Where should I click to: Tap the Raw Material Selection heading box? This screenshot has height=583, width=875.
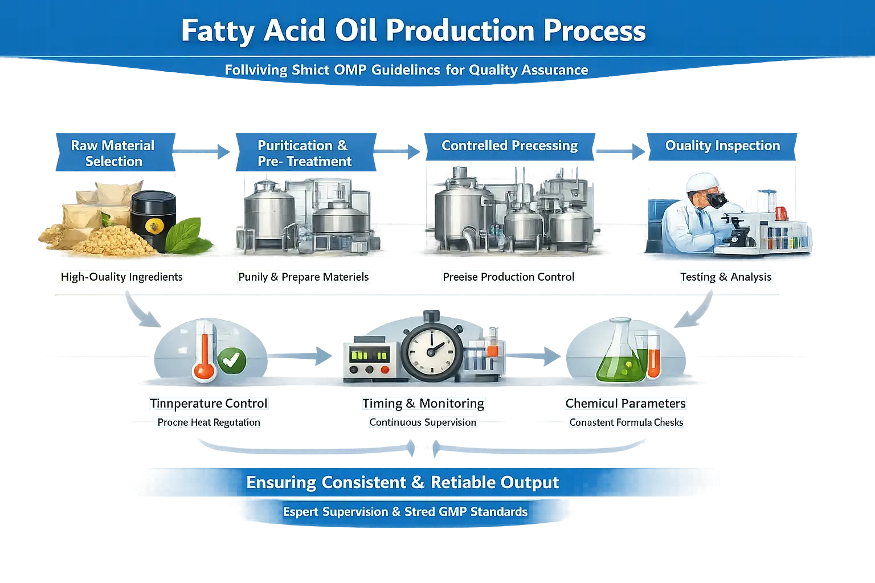pos(113,153)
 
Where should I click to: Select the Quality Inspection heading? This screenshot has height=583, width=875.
pos(722,146)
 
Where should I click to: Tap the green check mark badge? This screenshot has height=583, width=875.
pos(231,360)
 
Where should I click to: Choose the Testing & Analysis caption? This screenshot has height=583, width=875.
pos(726,277)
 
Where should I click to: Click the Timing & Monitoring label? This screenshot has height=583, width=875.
pos(423,404)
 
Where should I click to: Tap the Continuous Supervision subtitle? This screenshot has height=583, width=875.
pos(423,422)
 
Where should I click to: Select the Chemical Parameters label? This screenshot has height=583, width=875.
pos(625,404)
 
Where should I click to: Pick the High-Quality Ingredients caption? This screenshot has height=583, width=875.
pos(122,277)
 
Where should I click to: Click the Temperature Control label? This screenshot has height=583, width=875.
pos(208,404)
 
